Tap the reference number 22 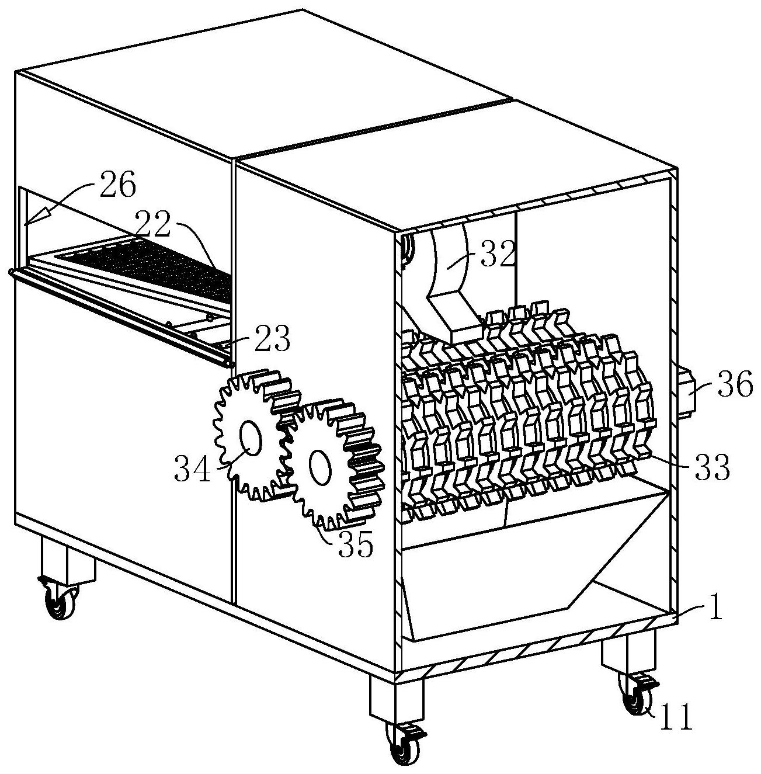pos(154,223)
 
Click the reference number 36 pos(734,386)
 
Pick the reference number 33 pos(712,467)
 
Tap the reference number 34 pos(192,469)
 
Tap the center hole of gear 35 pos(319,466)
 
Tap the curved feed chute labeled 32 pos(450,275)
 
